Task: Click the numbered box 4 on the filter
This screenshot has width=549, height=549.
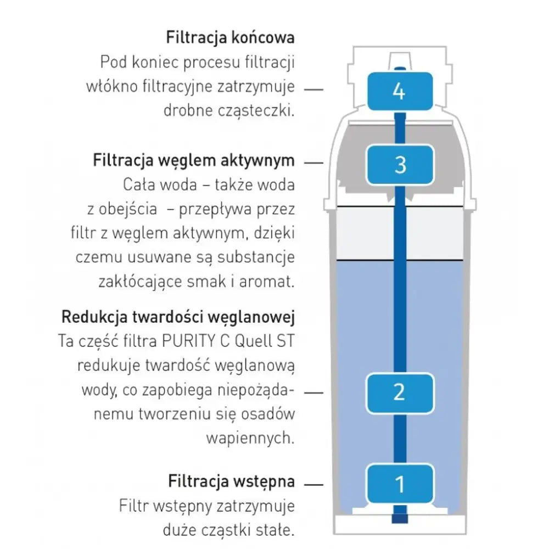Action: pos(399,91)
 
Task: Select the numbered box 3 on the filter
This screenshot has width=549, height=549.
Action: pos(399,164)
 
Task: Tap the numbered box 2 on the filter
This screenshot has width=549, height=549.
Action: pos(399,392)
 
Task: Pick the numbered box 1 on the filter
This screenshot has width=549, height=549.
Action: pos(399,484)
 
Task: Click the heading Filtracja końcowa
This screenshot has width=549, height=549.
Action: pos(231,38)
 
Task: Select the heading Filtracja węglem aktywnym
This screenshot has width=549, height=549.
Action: pos(194,161)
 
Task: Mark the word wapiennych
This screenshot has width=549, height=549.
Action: pos(250,438)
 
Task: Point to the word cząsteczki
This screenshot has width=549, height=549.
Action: pos(257,110)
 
